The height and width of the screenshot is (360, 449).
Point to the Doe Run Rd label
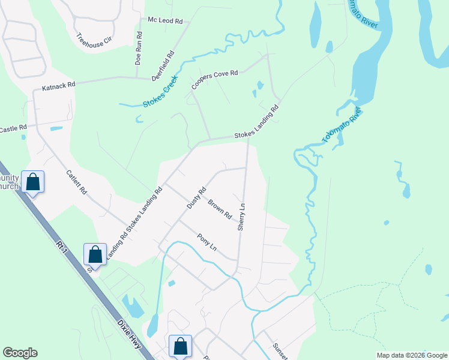click(138, 48)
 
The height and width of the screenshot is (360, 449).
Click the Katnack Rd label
click(58, 87)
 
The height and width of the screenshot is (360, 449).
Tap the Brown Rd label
click(220, 208)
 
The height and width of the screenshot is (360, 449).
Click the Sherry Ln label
click(242, 216)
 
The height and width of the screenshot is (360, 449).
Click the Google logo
click(20, 353)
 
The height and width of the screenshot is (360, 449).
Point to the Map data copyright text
click(411, 355)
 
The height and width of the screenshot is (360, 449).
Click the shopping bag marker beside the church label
click(33, 181)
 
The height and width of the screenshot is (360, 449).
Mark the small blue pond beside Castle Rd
click(56, 128)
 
